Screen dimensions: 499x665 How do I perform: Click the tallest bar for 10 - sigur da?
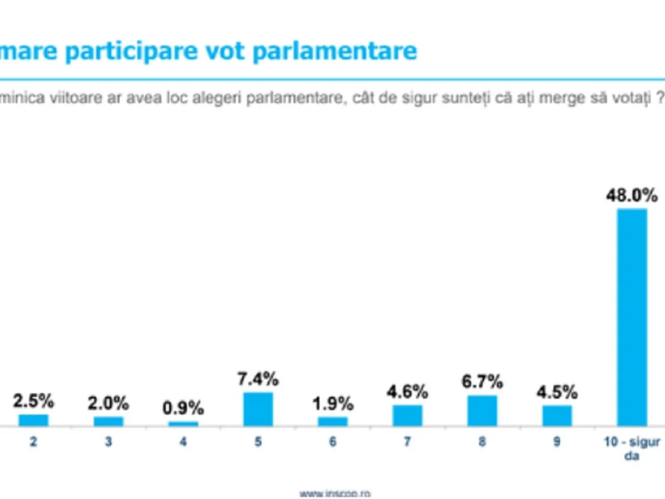pyautogui.click(x=632, y=317)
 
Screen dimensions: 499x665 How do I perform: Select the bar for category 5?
pyautogui.click(x=258, y=409)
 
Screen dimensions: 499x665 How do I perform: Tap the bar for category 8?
pyautogui.click(x=482, y=411)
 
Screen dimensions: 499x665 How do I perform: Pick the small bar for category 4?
pyautogui.click(x=183, y=424)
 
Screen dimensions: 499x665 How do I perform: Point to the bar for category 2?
pyautogui.click(x=33, y=420)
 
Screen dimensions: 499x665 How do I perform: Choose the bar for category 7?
pyautogui.click(x=407, y=415)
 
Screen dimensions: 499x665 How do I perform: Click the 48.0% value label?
pyautogui.click(x=632, y=195)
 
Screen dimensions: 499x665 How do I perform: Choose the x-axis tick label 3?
pyautogui.click(x=108, y=443)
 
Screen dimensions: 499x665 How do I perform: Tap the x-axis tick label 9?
pyautogui.click(x=557, y=442)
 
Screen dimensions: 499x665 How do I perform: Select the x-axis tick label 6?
pyautogui.click(x=332, y=443)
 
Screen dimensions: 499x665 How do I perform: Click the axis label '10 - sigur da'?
pyautogui.click(x=632, y=449)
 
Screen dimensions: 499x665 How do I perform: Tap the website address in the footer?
pyautogui.click(x=335, y=493)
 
